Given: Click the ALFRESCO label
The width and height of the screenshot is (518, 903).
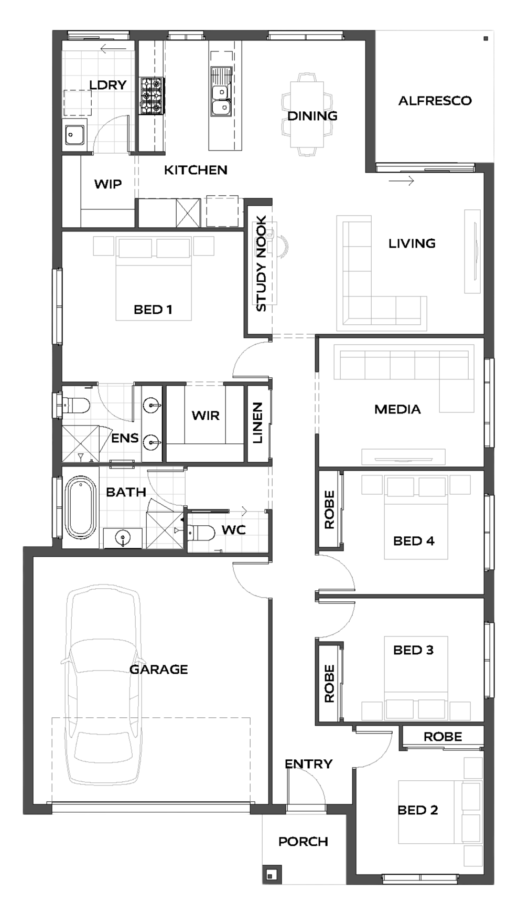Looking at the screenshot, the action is coord(435,101).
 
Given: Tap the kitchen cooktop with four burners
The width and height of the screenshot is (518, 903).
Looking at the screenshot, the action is coord(152,96).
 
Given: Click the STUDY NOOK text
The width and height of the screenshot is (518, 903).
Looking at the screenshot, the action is coord(261,263).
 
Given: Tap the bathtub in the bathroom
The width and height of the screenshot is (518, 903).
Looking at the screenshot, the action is coord(80,507).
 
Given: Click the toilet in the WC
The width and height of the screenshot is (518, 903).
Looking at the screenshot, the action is coord(201,533).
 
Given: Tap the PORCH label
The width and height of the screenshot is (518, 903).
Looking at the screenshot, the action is coord(303,842).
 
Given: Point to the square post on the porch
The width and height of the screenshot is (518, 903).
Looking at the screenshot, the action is coord(271,875).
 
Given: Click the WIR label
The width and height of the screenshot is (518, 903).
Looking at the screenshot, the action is coord(206,416).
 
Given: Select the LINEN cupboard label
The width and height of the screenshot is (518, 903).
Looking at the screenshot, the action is coord(257,423).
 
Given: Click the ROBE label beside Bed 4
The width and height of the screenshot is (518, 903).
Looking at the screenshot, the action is coord(329,509).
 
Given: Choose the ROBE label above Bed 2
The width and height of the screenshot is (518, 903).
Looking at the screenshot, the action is coord(443,737).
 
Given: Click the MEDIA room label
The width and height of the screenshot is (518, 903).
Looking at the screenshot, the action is coord(397,409).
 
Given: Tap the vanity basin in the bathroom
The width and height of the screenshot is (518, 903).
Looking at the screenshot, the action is coord(123,538).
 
